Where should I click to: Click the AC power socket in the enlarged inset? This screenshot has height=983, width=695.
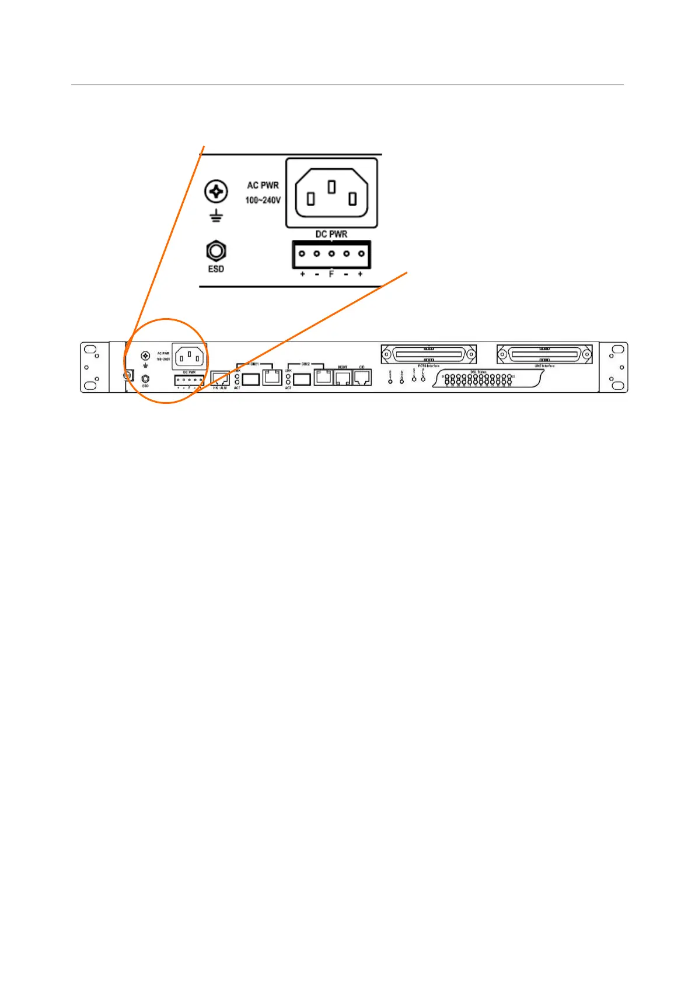[x=331, y=193]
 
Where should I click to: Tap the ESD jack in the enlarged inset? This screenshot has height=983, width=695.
[x=216, y=252]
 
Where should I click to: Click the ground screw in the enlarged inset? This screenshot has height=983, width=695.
[x=216, y=191]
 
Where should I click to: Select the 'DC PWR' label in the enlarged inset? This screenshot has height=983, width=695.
[x=331, y=234]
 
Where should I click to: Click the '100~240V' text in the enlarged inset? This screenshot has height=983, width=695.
[x=263, y=200]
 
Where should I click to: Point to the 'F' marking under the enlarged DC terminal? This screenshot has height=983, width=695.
[x=331, y=274]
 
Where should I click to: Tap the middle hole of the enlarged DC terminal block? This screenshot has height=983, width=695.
[x=331, y=254]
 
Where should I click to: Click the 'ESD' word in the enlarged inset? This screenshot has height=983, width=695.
[x=216, y=269]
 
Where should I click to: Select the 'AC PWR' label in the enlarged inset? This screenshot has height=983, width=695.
[x=263, y=185]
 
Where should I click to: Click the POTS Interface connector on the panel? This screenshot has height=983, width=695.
[x=429, y=354]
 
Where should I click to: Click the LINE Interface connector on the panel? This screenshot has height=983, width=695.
[x=544, y=354]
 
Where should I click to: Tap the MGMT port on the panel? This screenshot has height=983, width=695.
[x=343, y=378]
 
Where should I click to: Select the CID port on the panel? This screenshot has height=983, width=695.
[x=362, y=378]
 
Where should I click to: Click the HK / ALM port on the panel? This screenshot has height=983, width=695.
[x=219, y=378]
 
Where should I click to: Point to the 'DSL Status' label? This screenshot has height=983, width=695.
[x=479, y=372]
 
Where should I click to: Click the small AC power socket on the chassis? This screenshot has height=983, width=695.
[x=190, y=354]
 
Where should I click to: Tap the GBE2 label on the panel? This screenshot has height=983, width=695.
[x=305, y=364]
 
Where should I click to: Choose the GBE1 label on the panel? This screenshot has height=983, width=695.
[x=254, y=364]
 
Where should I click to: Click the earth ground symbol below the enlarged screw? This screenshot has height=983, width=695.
[x=216, y=217]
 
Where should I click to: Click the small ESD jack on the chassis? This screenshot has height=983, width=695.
[x=145, y=379]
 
